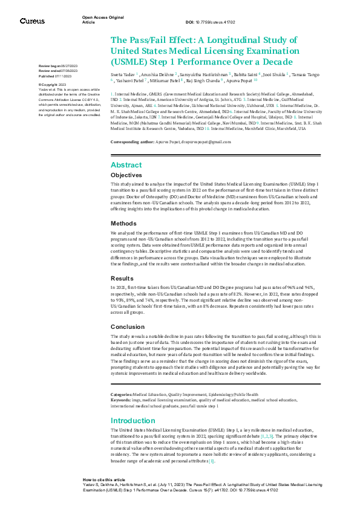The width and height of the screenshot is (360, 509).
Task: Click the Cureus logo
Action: tap(32, 21)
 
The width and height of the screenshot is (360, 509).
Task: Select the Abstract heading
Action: tap(126, 165)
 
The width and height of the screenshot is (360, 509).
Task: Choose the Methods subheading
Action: tap(123, 223)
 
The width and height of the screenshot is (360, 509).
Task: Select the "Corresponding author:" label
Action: tap(133, 141)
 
